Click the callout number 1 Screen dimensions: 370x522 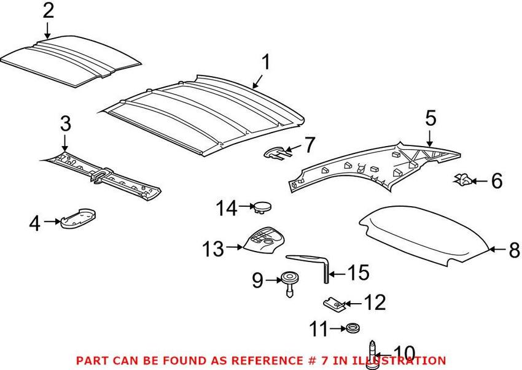(266, 62)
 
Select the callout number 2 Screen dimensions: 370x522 (48, 10)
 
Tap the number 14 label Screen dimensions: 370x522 (225, 209)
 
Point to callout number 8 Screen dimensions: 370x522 (513, 250)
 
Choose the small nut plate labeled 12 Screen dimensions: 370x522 (333, 303)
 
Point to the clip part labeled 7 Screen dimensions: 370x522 (275, 151)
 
